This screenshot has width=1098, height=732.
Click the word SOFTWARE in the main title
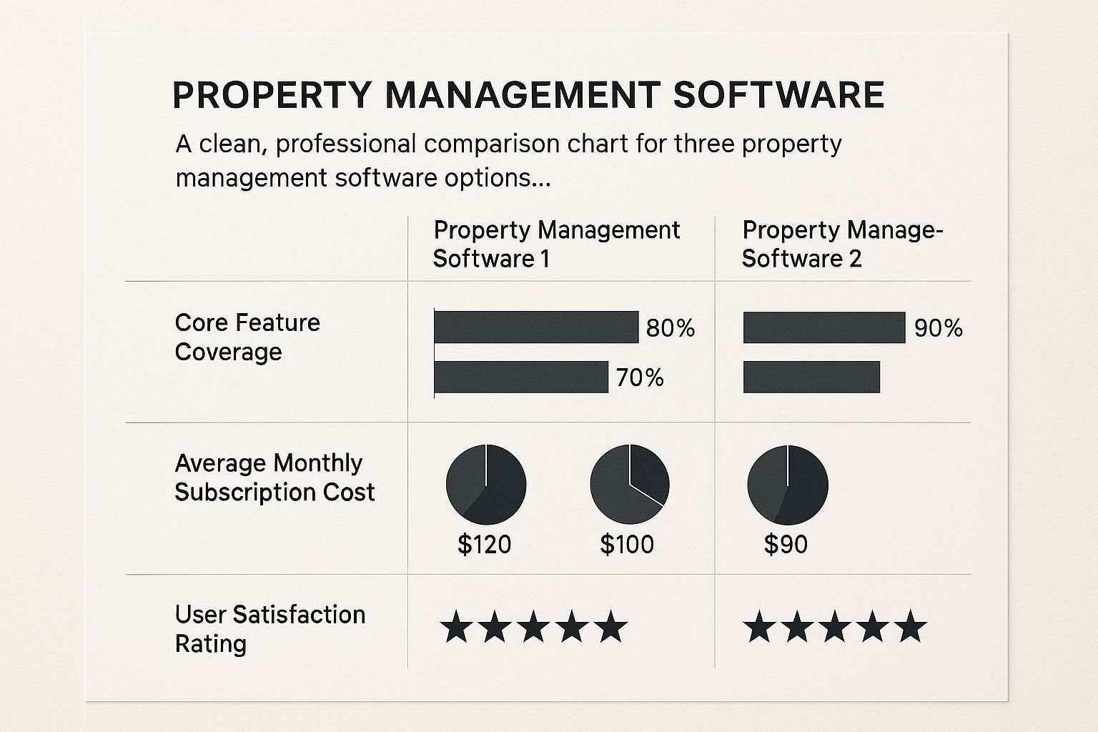tap(778, 96)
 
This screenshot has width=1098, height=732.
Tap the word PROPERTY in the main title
tap(272, 96)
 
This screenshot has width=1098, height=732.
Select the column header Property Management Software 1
tap(556, 244)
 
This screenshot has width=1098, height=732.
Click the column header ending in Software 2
tap(841, 244)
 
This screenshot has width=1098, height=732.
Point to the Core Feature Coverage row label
tap(247, 337)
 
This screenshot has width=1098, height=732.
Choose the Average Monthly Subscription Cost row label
tap(274, 478)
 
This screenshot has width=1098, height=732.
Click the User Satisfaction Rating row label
tap(269, 628)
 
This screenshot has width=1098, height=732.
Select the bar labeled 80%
tap(535, 327)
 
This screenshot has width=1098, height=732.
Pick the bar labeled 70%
tap(520, 377)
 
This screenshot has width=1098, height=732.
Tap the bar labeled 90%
tap(823, 327)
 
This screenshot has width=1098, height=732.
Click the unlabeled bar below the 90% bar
tap(811, 377)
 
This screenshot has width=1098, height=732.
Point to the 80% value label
tap(670, 328)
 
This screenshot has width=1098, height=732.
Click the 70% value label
tap(640, 377)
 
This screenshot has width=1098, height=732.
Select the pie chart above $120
tap(486, 485)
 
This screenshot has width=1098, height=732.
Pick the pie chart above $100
tap(629, 485)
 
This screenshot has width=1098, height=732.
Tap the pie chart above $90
tap(787, 485)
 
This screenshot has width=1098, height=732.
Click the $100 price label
tap(627, 545)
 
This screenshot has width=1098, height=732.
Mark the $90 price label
tap(786, 545)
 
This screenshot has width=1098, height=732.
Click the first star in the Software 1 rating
tap(456, 627)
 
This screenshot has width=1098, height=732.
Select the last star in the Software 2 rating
tap(910, 627)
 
